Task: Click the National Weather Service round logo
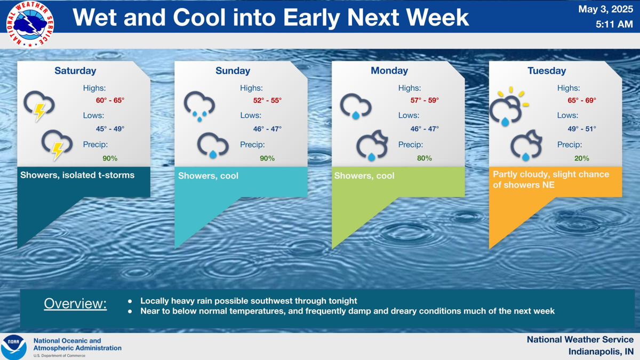(x=30, y=24)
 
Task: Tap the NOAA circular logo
(x=14, y=347)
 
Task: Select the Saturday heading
(x=75, y=70)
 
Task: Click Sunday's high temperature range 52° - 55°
(x=267, y=100)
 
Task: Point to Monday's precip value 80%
(x=425, y=158)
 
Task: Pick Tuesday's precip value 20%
(x=582, y=158)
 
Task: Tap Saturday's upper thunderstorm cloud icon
(x=39, y=106)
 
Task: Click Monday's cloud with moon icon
(x=372, y=146)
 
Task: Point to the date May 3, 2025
(x=605, y=9)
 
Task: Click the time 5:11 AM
(x=614, y=25)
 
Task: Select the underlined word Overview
(x=75, y=303)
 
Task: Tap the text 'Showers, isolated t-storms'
(x=77, y=175)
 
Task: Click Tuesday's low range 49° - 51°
(x=582, y=129)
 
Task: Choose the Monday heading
(x=389, y=70)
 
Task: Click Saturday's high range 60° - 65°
(x=110, y=100)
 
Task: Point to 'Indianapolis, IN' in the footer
(x=601, y=351)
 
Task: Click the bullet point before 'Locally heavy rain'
(x=130, y=301)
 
